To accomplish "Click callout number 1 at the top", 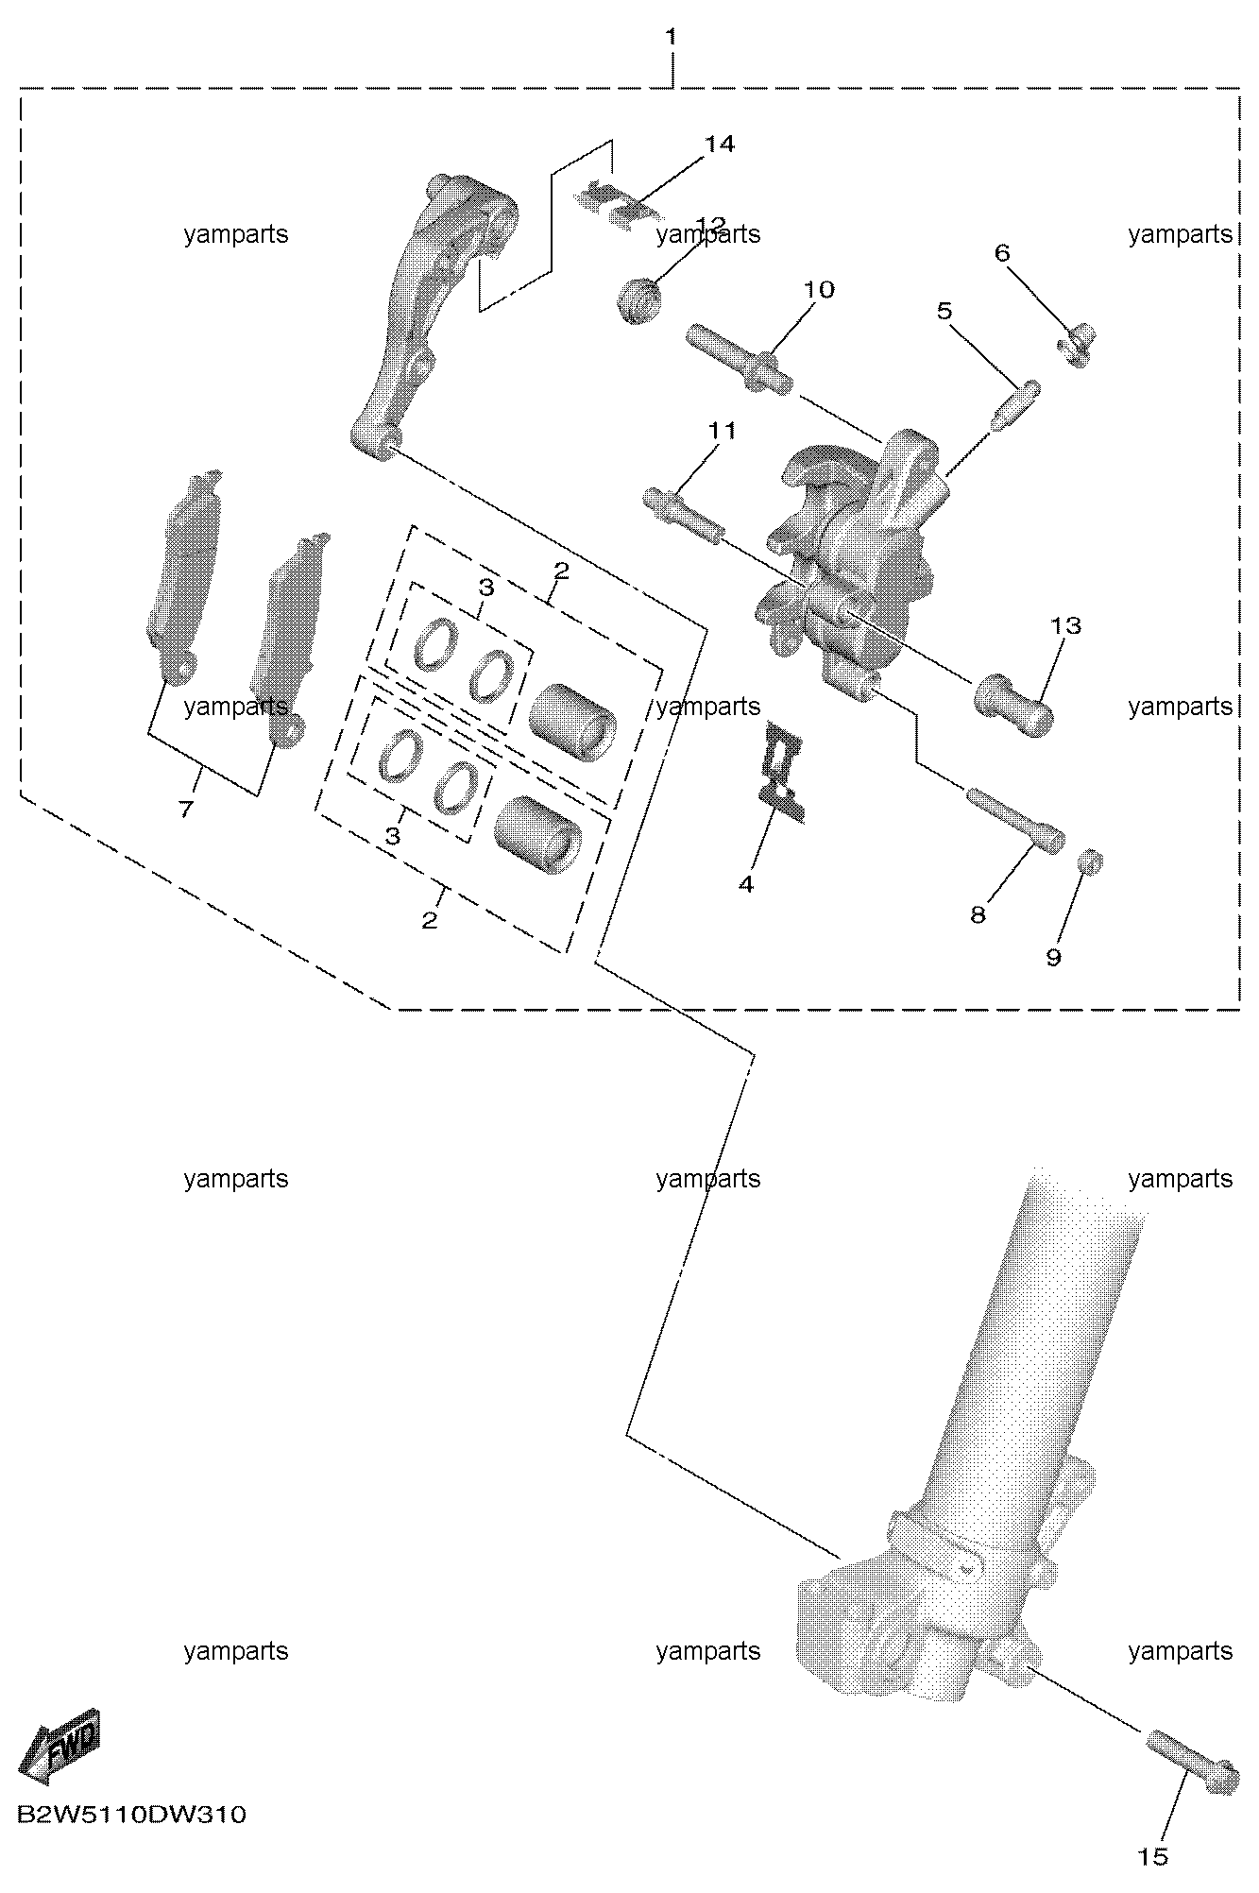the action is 672,37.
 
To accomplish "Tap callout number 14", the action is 719,144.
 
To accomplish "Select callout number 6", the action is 1002,252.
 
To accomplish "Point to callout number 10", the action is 820,289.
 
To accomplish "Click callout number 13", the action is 1065,625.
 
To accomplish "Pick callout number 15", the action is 1153,1856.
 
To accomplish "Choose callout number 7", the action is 185,809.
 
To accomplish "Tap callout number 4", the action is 746,884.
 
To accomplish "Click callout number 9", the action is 1053,957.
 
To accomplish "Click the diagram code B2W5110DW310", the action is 131,1815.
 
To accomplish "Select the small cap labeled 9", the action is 1091,861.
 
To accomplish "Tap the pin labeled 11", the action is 685,516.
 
